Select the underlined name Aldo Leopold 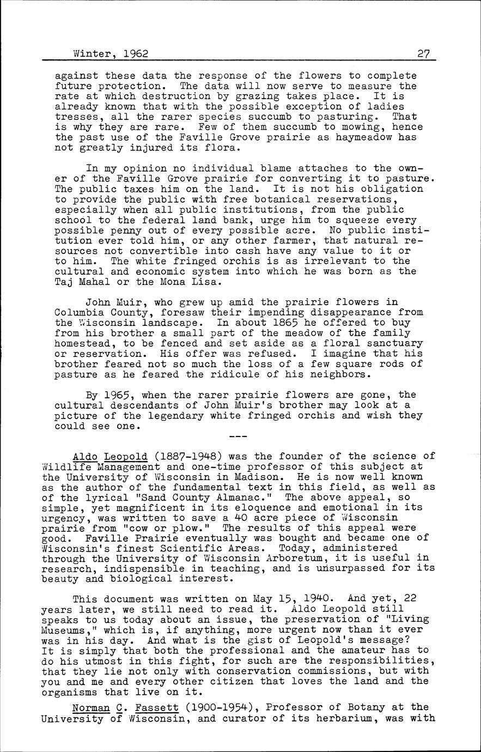(x=110, y=456)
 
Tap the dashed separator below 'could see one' (x=238, y=436)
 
